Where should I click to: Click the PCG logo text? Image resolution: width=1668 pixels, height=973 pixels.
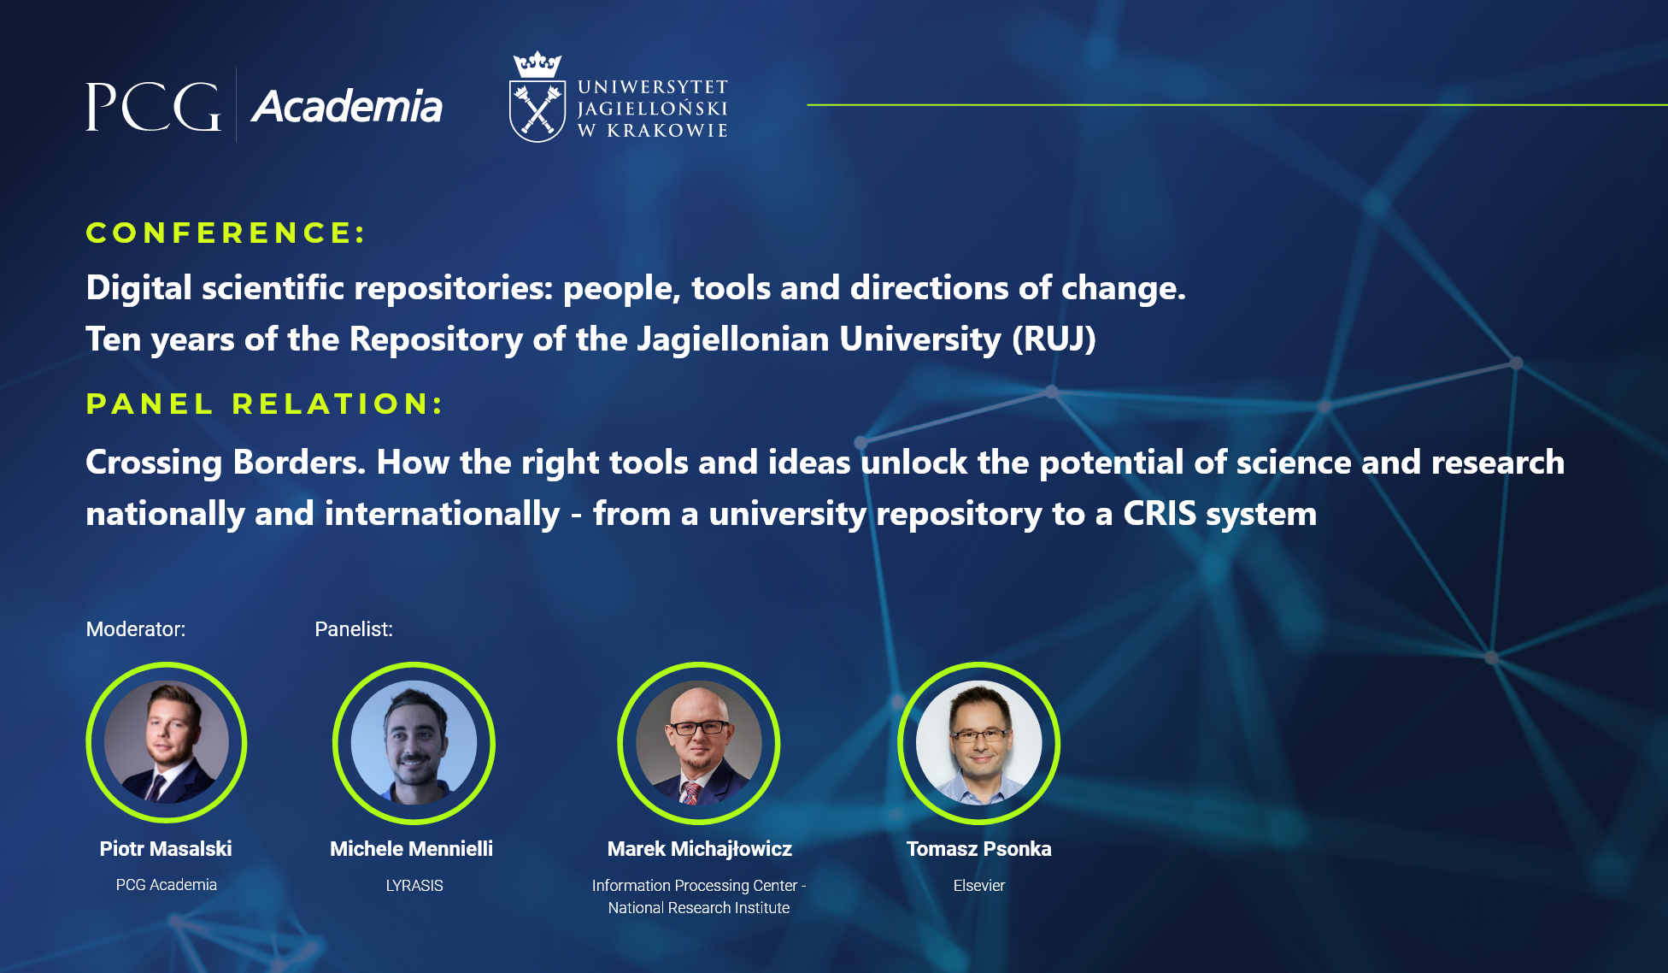(x=153, y=107)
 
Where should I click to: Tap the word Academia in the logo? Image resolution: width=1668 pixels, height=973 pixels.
(x=347, y=107)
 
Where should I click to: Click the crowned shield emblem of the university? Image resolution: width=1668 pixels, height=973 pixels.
(x=537, y=97)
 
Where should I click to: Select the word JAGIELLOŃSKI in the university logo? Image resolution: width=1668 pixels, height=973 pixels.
(x=652, y=109)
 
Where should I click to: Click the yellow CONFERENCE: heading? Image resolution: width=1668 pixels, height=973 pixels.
(x=226, y=233)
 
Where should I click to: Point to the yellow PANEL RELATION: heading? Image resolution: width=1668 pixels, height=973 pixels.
(x=265, y=404)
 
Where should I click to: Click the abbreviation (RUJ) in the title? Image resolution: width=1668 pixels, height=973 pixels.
(x=1054, y=339)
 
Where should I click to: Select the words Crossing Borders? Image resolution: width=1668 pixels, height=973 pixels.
(x=226, y=463)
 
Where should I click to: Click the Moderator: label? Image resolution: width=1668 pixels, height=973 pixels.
(x=136, y=629)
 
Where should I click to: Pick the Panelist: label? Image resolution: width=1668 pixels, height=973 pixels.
(x=354, y=629)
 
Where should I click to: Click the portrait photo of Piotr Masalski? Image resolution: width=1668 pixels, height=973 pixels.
(x=167, y=742)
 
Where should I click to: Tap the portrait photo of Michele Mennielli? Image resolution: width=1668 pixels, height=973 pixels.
(x=414, y=742)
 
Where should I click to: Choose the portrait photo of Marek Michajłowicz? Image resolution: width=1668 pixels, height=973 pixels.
(x=699, y=742)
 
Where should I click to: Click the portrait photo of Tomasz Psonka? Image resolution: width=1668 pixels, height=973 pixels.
(x=979, y=742)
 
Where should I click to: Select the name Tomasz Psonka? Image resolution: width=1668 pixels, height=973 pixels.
(x=979, y=849)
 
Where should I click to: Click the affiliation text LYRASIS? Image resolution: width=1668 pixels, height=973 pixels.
(x=414, y=886)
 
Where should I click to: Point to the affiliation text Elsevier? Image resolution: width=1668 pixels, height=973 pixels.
(x=979, y=886)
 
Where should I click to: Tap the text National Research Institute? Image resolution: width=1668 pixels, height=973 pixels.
(x=699, y=908)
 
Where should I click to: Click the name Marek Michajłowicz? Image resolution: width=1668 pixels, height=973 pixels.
(x=700, y=849)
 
